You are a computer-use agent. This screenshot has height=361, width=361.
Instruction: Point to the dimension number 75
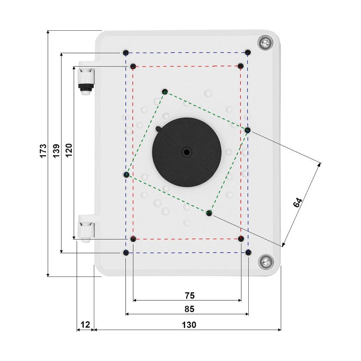click(x=190, y=296)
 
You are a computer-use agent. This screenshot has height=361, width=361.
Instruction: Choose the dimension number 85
click(x=189, y=309)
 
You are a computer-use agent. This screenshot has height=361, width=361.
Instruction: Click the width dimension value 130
click(x=189, y=325)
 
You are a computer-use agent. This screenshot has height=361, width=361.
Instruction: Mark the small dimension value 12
click(x=85, y=325)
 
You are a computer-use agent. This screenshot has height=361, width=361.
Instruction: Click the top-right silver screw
click(x=265, y=43)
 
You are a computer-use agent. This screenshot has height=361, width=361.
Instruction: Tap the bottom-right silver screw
click(x=266, y=261)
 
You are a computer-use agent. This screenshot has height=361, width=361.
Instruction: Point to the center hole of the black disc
click(x=187, y=152)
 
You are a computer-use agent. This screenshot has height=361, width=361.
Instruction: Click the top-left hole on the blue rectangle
click(x=125, y=53)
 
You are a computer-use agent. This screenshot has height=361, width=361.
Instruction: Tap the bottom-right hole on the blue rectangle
click(x=248, y=253)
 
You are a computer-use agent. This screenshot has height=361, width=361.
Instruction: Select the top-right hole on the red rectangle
click(x=241, y=66)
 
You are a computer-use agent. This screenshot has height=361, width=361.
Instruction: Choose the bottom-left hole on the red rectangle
click(x=133, y=239)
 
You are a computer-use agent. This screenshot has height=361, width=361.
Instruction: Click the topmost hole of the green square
click(x=165, y=91)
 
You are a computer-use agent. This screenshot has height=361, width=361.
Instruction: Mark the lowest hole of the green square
click(x=209, y=213)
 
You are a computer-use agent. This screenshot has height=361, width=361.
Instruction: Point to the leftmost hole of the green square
click(x=126, y=175)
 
